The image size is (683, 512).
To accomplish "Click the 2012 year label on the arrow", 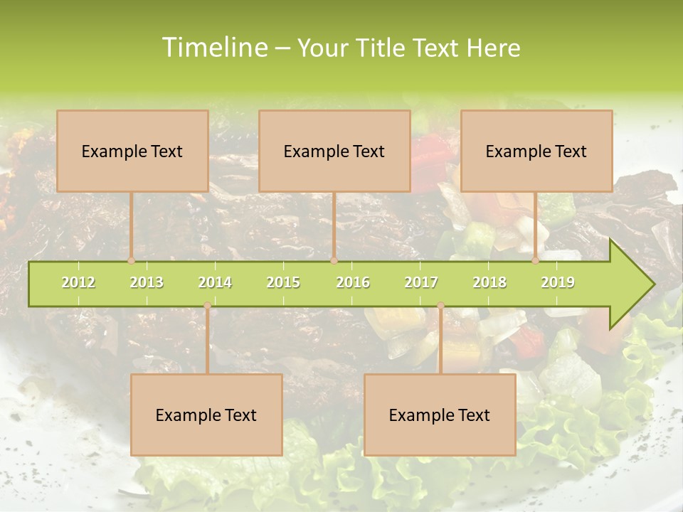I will [x=78, y=282].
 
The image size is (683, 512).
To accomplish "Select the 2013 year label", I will [x=147, y=282].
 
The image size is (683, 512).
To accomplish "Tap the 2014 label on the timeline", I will [x=215, y=282].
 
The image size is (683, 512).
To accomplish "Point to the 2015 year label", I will [x=283, y=282].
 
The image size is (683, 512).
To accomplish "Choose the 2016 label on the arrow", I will [x=353, y=282].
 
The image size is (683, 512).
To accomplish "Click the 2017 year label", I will [x=421, y=282].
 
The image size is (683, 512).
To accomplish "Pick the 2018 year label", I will [x=489, y=282].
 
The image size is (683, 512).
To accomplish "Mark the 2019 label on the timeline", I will [x=558, y=282].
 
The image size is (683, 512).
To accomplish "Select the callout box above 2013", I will [x=132, y=151].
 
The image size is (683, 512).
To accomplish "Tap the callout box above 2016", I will [x=334, y=151].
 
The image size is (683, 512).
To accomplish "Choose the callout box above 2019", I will [x=536, y=151].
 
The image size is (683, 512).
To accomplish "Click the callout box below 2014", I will [x=206, y=415].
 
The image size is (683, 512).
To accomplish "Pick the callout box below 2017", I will [x=440, y=415].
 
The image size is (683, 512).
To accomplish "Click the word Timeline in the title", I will [x=214, y=48].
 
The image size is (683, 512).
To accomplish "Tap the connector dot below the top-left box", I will [x=132, y=260].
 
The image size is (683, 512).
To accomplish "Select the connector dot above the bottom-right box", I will [x=440, y=306].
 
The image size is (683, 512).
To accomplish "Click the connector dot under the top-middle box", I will [x=334, y=260].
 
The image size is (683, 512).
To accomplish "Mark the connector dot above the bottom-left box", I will [x=207, y=306].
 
